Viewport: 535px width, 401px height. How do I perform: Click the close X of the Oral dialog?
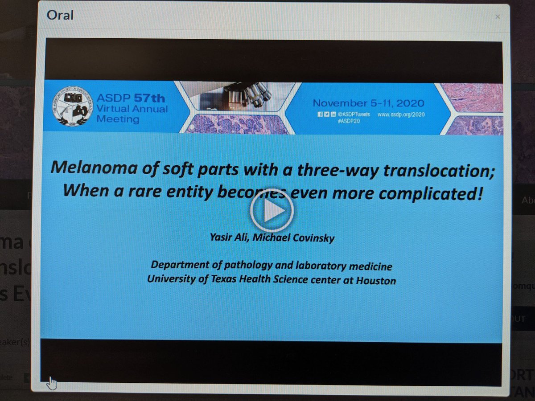pos(498,17)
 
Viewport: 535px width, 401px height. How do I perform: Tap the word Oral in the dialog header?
pos(60,16)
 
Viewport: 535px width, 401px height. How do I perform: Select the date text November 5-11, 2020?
pos(368,102)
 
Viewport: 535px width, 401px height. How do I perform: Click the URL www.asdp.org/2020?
pos(401,115)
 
